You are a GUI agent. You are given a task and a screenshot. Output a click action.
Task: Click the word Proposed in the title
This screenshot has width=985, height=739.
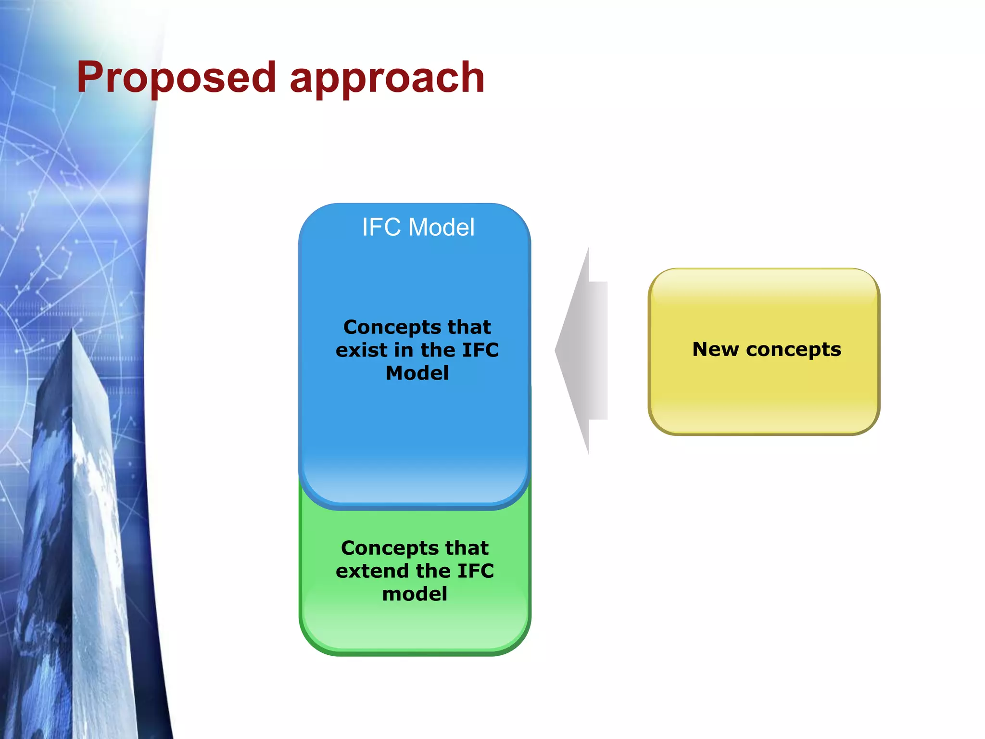point(176,78)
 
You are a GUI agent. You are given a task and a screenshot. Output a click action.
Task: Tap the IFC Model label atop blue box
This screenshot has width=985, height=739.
point(418,227)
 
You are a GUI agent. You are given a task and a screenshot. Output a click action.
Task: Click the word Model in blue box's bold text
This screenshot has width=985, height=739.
point(417,373)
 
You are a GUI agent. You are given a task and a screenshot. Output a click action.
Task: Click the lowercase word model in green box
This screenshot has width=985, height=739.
point(415,594)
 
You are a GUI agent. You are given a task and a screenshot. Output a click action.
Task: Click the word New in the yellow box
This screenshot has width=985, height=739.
point(715,349)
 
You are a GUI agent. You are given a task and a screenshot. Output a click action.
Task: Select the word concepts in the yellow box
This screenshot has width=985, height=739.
point(794,350)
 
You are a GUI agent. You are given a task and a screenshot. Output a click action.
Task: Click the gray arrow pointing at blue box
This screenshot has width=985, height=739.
point(584,351)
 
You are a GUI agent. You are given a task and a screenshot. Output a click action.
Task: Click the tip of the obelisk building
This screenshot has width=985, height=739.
point(73,331)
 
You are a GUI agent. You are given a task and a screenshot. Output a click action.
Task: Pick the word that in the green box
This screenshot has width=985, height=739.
point(467,548)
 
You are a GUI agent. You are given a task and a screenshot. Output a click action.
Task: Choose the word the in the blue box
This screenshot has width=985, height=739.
point(438,350)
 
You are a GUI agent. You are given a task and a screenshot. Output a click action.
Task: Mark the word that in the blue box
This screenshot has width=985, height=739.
point(469,327)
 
